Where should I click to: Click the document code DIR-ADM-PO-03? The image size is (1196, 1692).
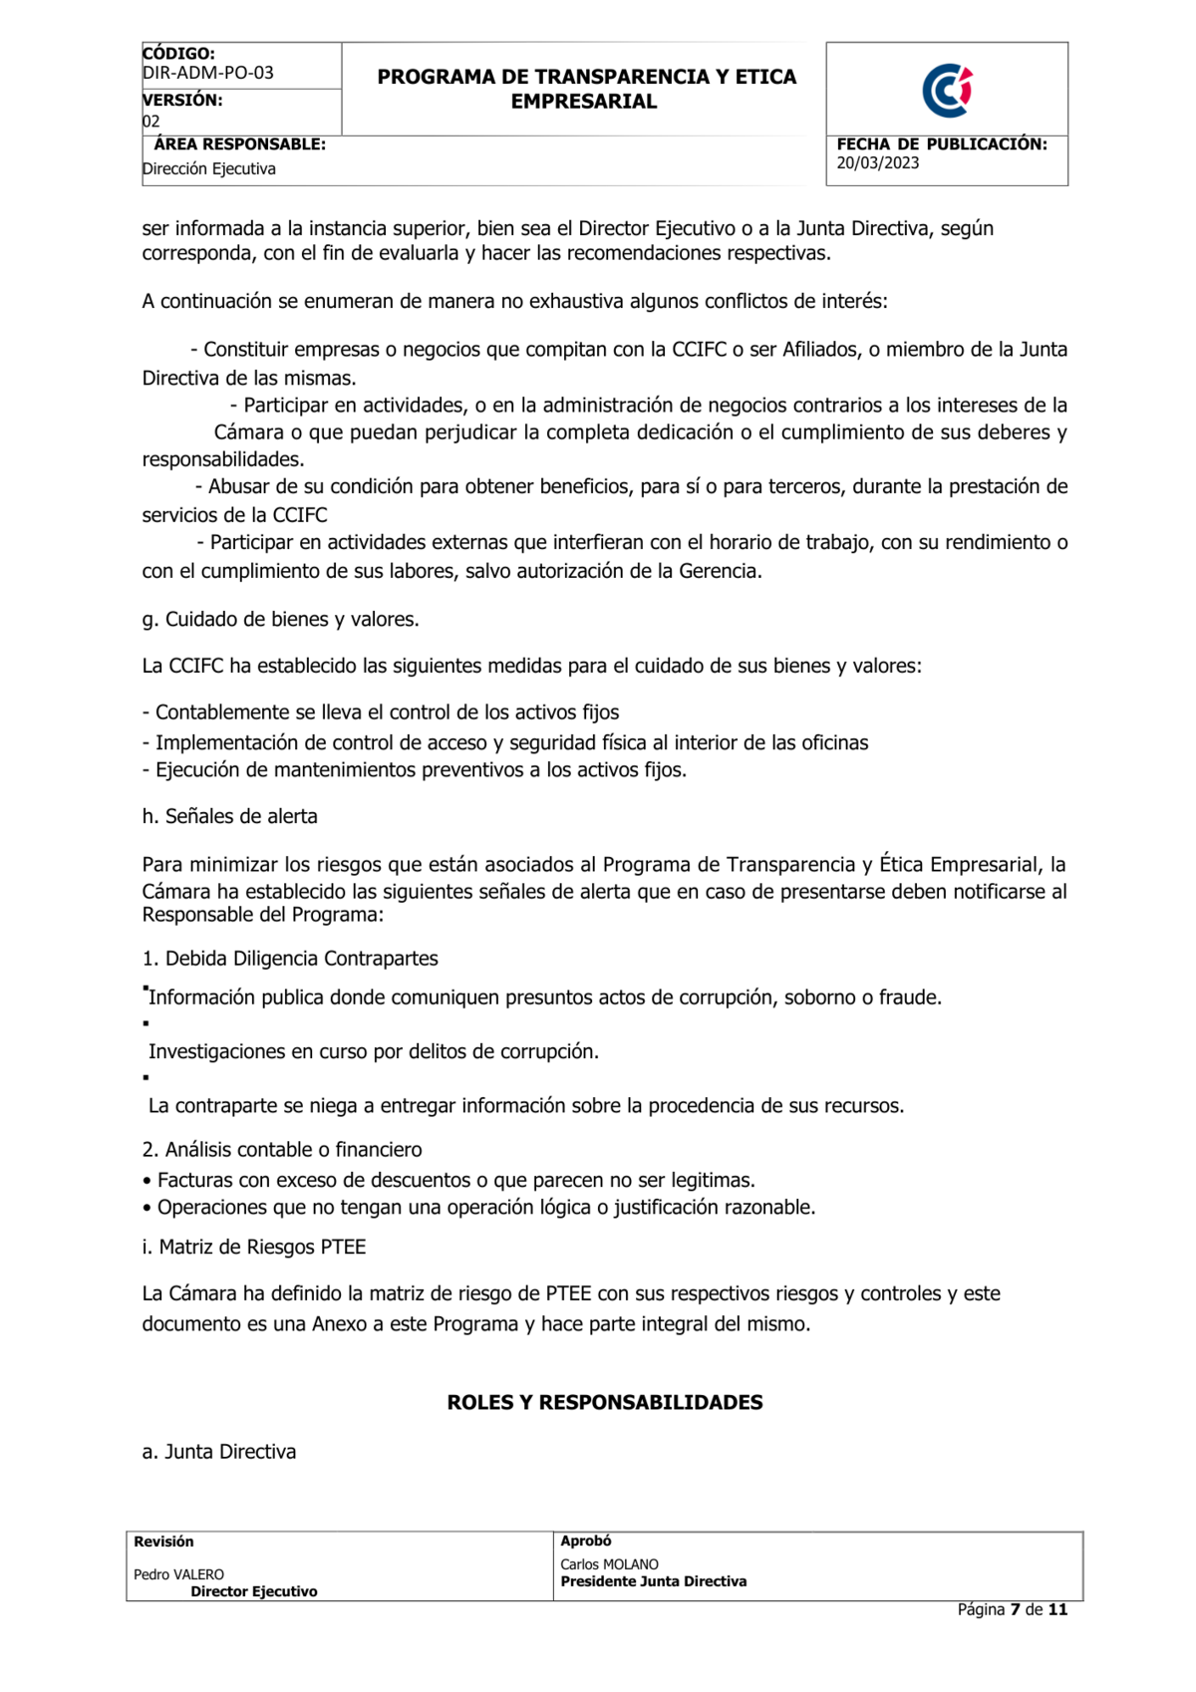pyautogui.click(x=207, y=73)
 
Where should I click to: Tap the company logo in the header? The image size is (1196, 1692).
pyautogui.click(x=947, y=91)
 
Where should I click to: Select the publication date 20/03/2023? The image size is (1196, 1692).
pyautogui.click(x=877, y=163)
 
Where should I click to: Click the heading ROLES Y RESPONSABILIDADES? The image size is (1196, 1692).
pyautogui.click(x=604, y=1402)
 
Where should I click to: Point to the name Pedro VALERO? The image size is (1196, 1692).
pyautogui.click(x=178, y=1574)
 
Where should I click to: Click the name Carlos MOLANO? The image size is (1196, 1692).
pyautogui.click(x=609, y=1564)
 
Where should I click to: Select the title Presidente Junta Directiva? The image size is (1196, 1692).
pyautogui.click(x=653, y=1581)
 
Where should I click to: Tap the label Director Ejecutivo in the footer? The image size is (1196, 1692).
pyautogui.click(x=254, y=1591)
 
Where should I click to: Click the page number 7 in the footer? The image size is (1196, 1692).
pyautogui.click(x=1015, y=1609)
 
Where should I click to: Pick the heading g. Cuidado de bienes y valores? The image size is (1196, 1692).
pyautogui.click(x=280, y=619)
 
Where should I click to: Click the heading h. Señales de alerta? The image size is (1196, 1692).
pyautogui.click(x=229, y=816)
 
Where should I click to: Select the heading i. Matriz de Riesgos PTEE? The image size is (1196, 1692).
pyautogui.click(x=253, y=1247)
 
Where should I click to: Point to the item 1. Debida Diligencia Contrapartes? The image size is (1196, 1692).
pyautogui.click(x=289, y=959)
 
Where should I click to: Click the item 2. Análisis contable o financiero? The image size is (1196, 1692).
pyautogui.click(x=281, y=1150)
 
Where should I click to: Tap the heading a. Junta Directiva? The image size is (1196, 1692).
pyautogui.click(x=218, y=1452)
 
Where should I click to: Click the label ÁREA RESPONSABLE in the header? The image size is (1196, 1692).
pyautogui.click(x=239, y=144)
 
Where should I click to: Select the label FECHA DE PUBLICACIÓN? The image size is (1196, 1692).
pyautogui.click(x=941, y=144)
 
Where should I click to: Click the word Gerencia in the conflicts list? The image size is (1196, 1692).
pyautogui.click(x=719, y=571)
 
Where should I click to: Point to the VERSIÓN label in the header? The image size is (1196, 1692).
pyautogui.click(x=182, y=100)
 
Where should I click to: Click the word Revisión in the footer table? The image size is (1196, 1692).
pyautogui.click(x=163, y=1542)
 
